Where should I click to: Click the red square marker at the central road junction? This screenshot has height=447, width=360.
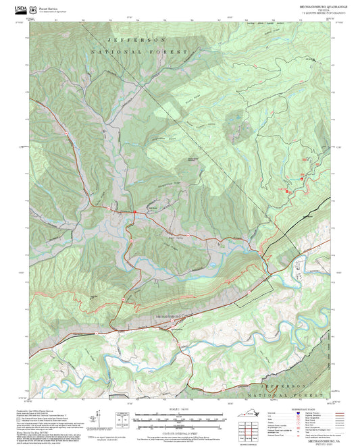tap(134, 212)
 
